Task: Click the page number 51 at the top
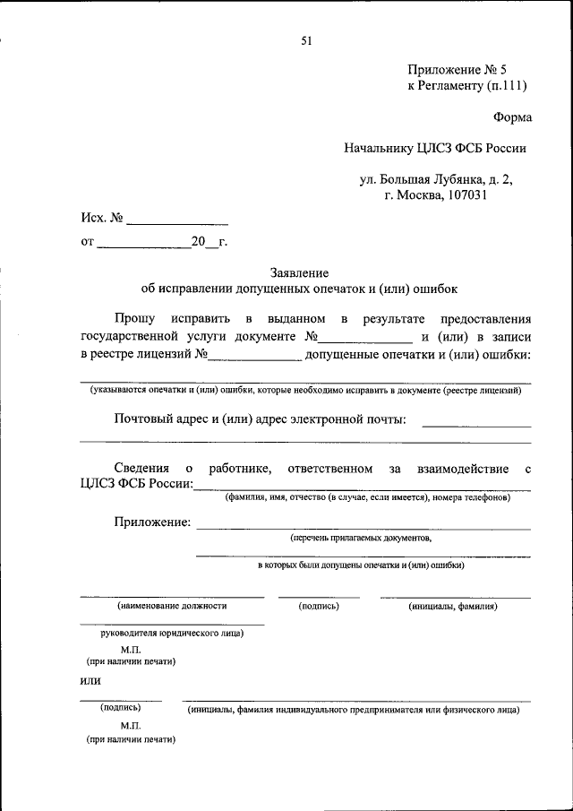click(x=307, y=40)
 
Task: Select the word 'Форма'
click(x=512, y=117)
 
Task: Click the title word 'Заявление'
click(x=299, y=272)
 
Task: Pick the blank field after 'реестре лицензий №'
click(x=255, y=356)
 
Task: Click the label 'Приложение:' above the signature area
click(x=152, y=522)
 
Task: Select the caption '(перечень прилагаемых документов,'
click(x=361, y=539)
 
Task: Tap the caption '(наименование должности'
click(x=172, y=606)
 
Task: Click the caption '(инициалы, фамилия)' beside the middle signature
click(x=453, y=606)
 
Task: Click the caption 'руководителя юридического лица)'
click(x=173, y=633)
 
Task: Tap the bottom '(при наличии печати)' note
click(x=131, y=740)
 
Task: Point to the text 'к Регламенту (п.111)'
click(x=466, y=87)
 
